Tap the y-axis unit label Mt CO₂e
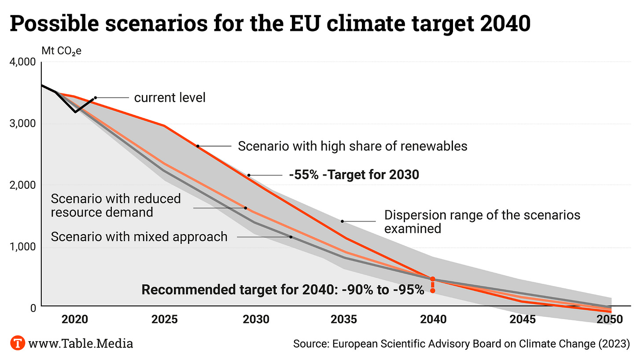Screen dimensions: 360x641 click(62, 50)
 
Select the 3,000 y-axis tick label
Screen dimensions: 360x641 click(22, 124)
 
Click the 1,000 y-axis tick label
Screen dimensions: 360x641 click(22, 247)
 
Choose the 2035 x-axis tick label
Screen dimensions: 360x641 click(344, 319)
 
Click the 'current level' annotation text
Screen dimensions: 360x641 click(169, 97)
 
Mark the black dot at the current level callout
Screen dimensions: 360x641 click(95, 98)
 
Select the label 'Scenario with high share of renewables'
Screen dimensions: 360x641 click(352, 146)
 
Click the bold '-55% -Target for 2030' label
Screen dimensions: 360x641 click(354, 175)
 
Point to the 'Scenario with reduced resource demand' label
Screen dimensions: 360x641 click(116, 205)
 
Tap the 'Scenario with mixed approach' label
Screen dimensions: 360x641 click(139, 237)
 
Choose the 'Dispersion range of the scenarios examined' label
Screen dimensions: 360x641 click(482, 221)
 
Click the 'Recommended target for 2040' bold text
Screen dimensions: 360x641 click(283, 290)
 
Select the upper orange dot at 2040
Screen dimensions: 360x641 click(432, 279)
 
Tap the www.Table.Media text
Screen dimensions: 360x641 click(80, 343)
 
